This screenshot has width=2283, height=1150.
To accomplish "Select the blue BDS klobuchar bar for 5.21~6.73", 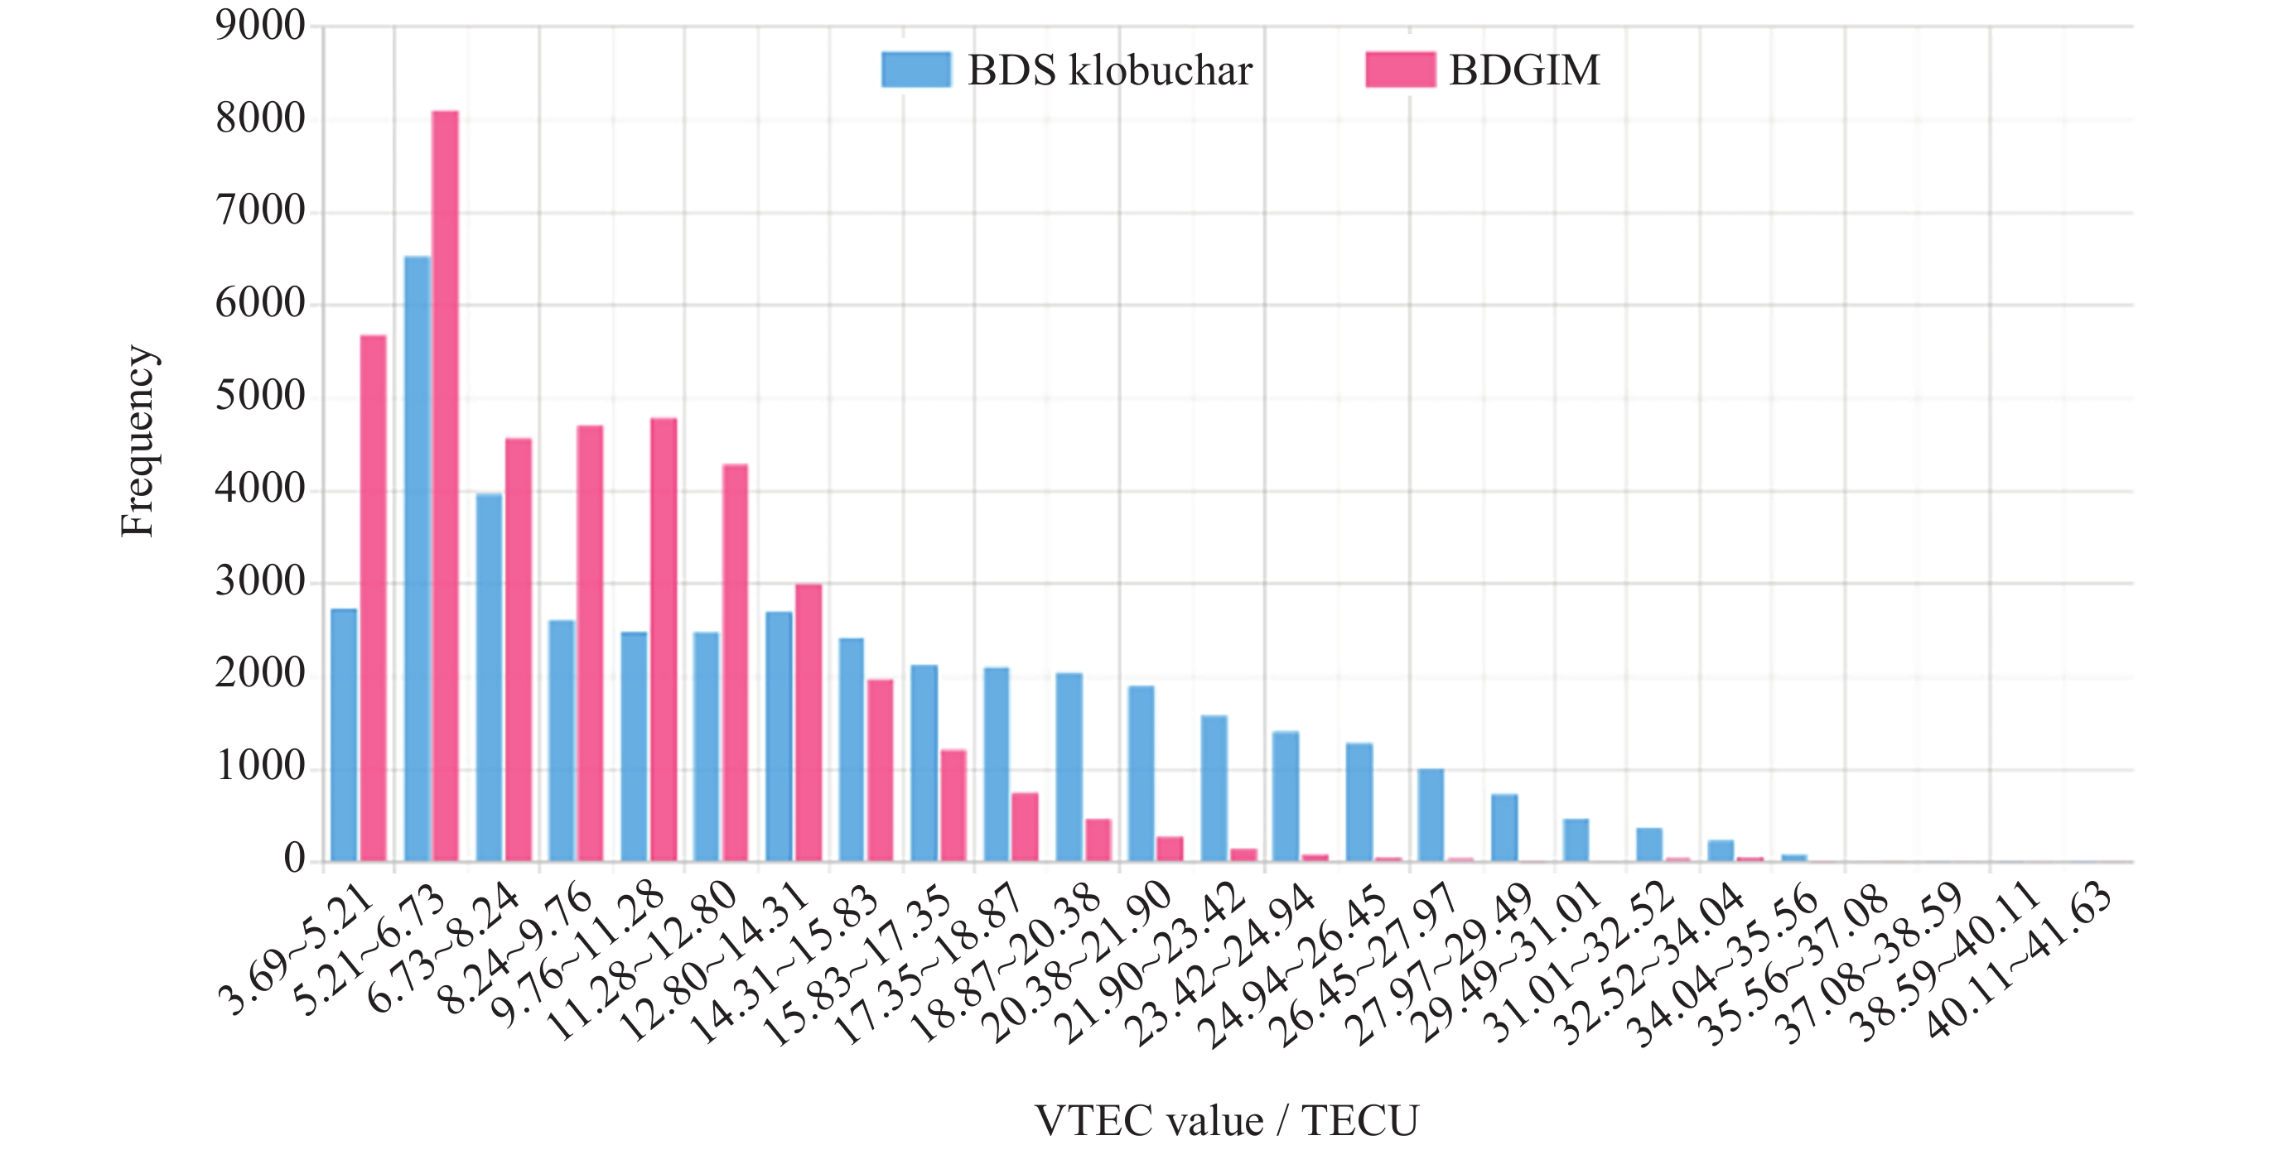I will click(418, 558).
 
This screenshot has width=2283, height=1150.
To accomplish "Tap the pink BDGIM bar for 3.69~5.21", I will click(373, 598).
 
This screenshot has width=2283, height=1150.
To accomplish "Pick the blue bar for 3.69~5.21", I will click(344, 734).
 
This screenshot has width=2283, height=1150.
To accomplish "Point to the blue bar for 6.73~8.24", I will click(490, 677).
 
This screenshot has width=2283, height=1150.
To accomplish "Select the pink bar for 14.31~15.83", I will click(880, 770).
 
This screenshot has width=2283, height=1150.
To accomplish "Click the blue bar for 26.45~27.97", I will click(1431, 814).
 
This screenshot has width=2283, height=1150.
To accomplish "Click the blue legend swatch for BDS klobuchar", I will click(915, 69).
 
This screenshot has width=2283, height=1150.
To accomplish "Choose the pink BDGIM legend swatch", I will click(1399, 69).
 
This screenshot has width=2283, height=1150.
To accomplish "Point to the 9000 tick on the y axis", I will click(259, 26).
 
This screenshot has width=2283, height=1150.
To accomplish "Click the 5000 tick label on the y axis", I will click(259, 397).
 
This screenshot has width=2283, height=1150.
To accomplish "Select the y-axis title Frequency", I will click(138, 441).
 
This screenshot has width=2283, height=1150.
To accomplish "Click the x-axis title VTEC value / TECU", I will click(1227, 1121).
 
